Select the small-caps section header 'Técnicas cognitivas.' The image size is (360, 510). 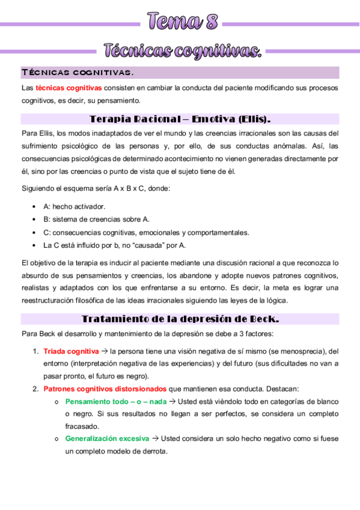[78, 73]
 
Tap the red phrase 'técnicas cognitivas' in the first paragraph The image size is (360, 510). [68, 88]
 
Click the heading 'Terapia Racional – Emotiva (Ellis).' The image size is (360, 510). [180, 118]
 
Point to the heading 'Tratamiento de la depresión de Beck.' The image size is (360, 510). [180, 319]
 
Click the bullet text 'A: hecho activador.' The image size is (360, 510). [75, 206]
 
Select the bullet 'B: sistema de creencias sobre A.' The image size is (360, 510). [96, 220]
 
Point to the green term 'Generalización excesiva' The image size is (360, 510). [107, 439]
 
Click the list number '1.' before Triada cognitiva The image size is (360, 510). [35, 351]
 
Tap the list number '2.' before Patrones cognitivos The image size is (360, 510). [35, 389]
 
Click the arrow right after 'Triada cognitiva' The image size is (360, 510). [104, 351]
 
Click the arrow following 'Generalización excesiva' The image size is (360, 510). [154, 439]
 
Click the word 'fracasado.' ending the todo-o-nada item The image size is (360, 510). [83, 427]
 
